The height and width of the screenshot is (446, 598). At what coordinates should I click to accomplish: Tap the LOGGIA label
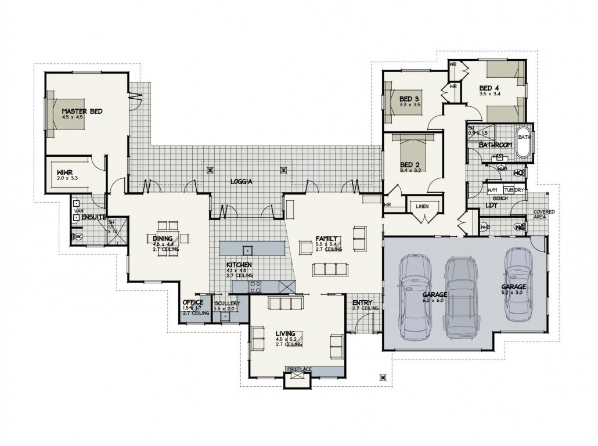[x=241, y=181]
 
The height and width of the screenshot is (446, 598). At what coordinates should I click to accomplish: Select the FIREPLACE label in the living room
[x=299, y=369]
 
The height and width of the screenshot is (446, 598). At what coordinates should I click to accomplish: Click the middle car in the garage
[x=461, y=297]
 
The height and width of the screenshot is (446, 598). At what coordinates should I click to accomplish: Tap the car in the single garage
[x=517, y=283]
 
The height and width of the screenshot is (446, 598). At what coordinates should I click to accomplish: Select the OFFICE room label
[x=192, y=303]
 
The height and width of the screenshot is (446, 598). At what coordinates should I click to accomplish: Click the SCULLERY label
[x=226, y=303]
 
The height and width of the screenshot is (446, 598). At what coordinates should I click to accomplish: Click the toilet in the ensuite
[x=78, y=236]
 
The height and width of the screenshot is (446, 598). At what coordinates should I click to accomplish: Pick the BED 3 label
[x=409, y=99]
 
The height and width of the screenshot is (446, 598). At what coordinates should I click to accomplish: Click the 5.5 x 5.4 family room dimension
[x=327, y=244]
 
